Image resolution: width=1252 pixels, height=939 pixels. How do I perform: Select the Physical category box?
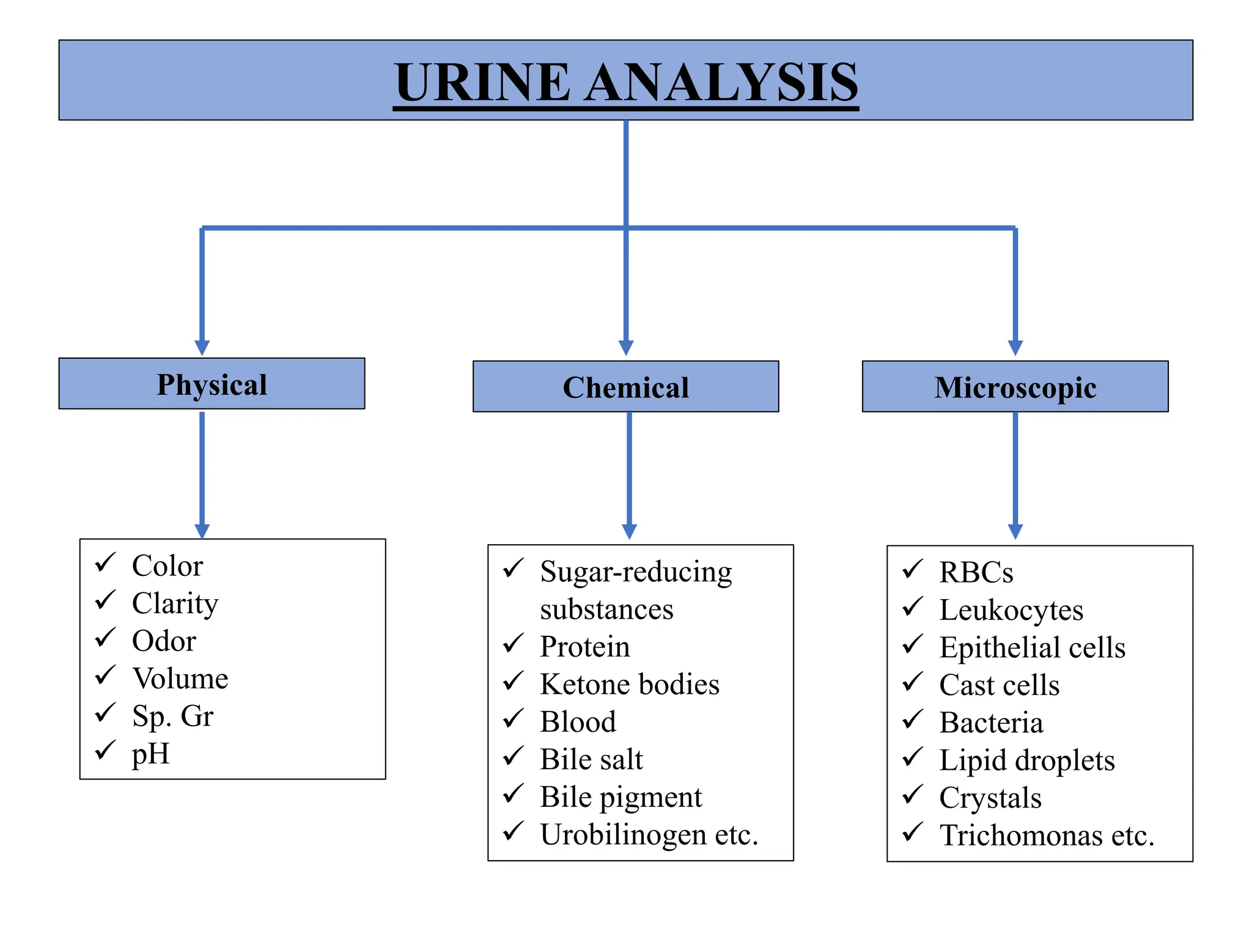coord(212,384)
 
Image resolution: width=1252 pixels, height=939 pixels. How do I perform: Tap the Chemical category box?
coord(625,387)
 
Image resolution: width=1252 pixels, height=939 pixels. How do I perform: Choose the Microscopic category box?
coord(1015,387)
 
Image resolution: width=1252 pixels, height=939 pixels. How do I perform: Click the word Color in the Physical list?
coord(168,565)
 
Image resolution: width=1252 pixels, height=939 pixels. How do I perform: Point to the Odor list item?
coord(164,641)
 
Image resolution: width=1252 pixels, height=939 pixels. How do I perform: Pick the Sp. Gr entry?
coord(172,716)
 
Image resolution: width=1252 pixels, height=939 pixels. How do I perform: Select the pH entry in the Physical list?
coord(150,754)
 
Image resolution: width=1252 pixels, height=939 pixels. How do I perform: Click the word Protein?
coord(584,647)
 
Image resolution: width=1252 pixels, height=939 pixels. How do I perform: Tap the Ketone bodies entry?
coord(630,684)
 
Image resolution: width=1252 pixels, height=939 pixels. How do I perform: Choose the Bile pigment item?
coord(621,797)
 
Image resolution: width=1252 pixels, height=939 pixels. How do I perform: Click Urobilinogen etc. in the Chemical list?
coord(649,834)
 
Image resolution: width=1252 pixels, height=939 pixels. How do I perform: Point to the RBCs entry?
coord(976,572)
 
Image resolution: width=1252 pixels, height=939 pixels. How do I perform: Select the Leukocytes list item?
coord(1011,610)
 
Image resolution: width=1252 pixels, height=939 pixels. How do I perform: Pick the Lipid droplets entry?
coord(1027,760)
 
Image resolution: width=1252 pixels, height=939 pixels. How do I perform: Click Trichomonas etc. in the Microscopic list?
coord(1047,836)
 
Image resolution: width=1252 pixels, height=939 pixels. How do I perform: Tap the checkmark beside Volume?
coord(105,676)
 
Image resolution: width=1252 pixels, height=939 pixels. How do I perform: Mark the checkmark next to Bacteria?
coord(912,720)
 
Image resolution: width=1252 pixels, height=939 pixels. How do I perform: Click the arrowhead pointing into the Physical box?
coord(202,347)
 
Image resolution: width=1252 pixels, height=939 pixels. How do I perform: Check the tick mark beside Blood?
coord(513,719)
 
